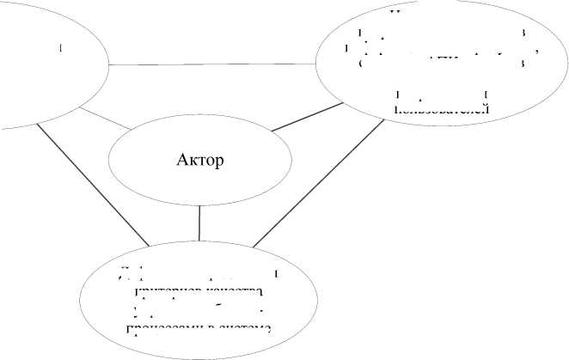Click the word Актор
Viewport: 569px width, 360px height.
(x=199, y=160)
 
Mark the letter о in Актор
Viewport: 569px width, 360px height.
(x=210, y=161)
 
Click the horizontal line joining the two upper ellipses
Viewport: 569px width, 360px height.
(x=211, y=64)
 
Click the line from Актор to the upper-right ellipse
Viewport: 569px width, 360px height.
(x=304, y=117)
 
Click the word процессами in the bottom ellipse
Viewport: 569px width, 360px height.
(x=163, y=329)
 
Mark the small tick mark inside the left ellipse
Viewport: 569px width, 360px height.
(x=61, y=48)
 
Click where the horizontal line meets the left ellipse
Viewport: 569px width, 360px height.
(x=109, y=64)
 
